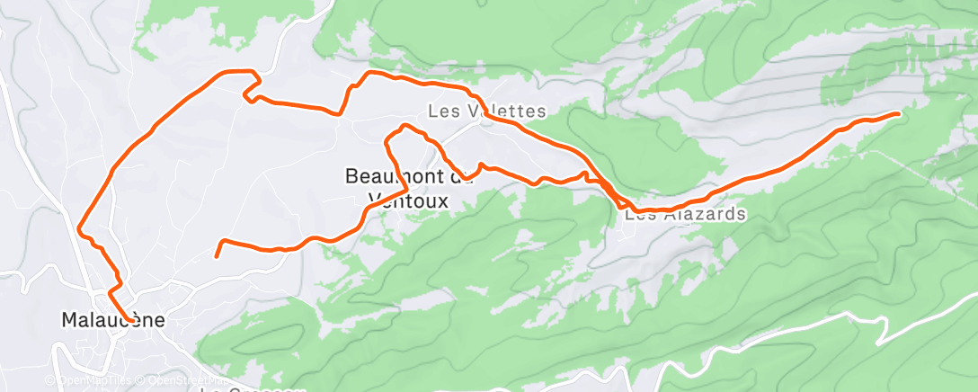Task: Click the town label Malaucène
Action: pos(105,319)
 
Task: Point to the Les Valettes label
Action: pos(486,111)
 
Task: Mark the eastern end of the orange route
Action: pos(898,113)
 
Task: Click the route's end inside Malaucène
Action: pos(133,320)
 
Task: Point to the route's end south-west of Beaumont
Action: pos(216,256)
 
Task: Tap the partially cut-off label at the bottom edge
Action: pos(251,388)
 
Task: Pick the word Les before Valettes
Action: pos(442,111)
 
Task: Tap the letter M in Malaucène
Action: pos(69,319)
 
